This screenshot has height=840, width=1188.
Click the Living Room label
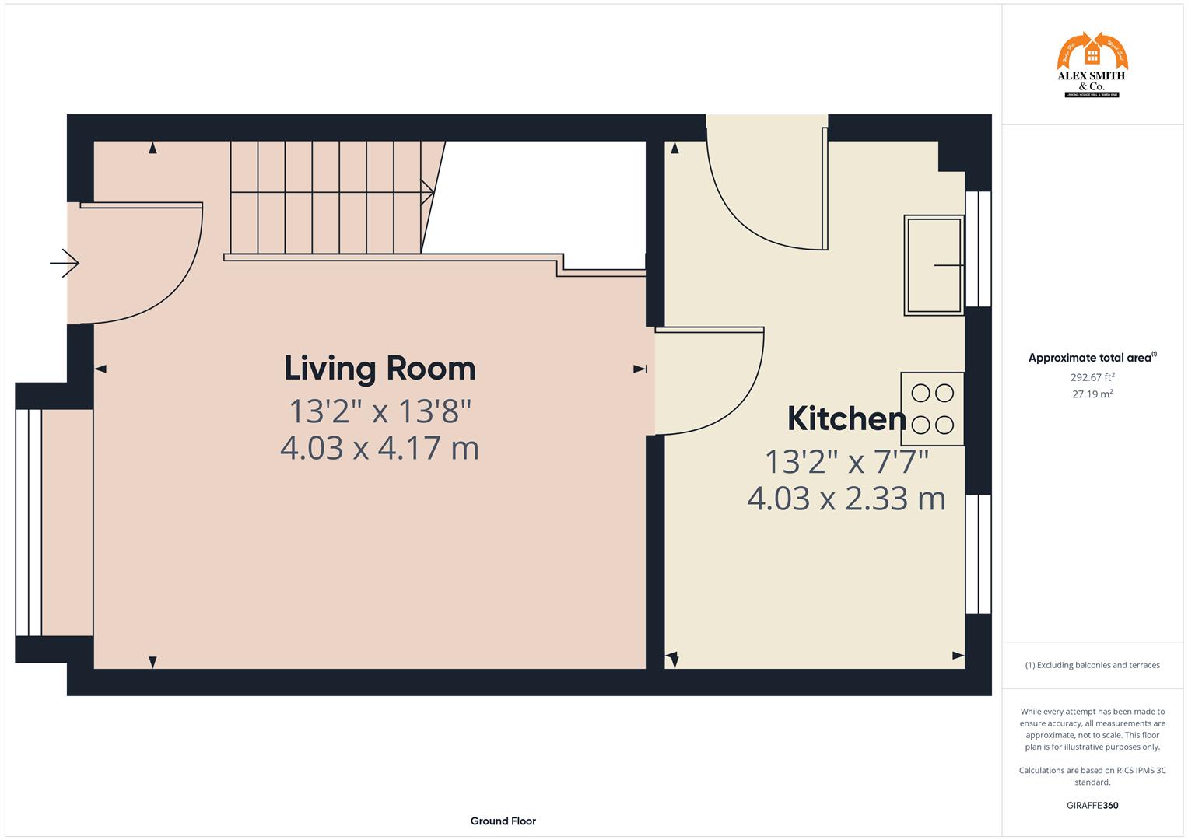point(380,369)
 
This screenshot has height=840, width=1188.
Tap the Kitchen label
point(846,419)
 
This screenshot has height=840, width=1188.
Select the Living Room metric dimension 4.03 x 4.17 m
point(380,448)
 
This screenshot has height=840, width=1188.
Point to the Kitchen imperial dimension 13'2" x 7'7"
point(846,462)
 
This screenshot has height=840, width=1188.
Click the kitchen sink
point(934,265)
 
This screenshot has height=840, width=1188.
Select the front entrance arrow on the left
point(65,264)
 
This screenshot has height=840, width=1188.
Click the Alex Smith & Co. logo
point(1092,65)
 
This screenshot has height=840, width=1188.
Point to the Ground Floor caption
point(503,821)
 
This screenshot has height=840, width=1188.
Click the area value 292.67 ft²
point(1092,377)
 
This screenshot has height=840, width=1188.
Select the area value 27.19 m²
point(1092,394)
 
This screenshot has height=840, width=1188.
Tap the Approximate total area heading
point(1092,358)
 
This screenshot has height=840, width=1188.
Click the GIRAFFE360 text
point(1092,805)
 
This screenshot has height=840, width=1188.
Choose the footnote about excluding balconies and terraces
point(1092,665)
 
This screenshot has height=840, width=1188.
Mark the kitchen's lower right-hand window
point(978,554)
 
